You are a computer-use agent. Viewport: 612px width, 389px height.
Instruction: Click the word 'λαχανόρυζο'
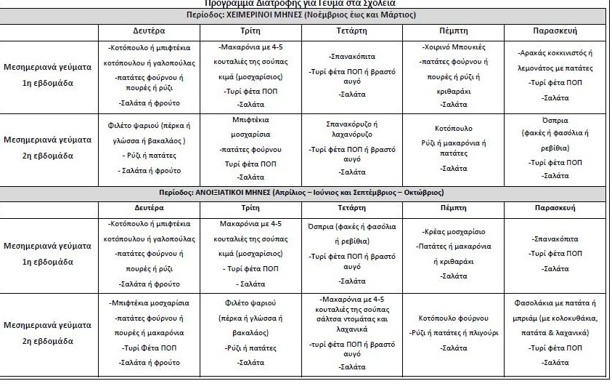point(352,135)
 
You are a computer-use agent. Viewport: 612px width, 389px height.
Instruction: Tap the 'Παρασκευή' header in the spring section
point(555,208)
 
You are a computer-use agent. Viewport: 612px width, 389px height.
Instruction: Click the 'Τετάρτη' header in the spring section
point(352,208)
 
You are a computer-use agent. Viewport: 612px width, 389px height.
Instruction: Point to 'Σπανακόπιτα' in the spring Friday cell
point(555,238)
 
